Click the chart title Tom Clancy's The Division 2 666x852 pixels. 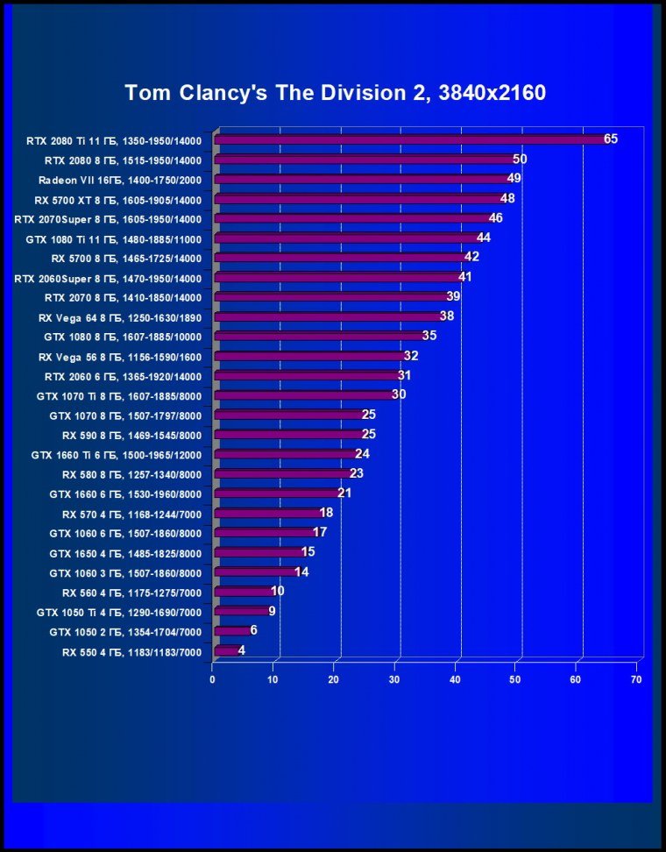(335, 92)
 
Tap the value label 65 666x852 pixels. (611, 138)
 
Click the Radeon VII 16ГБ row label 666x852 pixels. (120, 180)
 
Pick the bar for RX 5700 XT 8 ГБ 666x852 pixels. (358, 199)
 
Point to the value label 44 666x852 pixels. (484, 238)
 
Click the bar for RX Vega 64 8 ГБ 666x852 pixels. (329, 316)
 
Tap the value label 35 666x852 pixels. (429, 336)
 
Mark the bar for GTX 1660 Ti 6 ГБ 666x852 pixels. (286, 454)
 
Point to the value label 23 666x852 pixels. (357, 473)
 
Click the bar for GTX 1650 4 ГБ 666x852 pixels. (259, 552)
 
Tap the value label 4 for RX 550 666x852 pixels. (242, 650)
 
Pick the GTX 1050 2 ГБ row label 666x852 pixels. (125, 632)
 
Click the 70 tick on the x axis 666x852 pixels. (636, 679)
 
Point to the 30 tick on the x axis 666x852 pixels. (394, 679)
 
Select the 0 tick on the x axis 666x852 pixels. (213, 679)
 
